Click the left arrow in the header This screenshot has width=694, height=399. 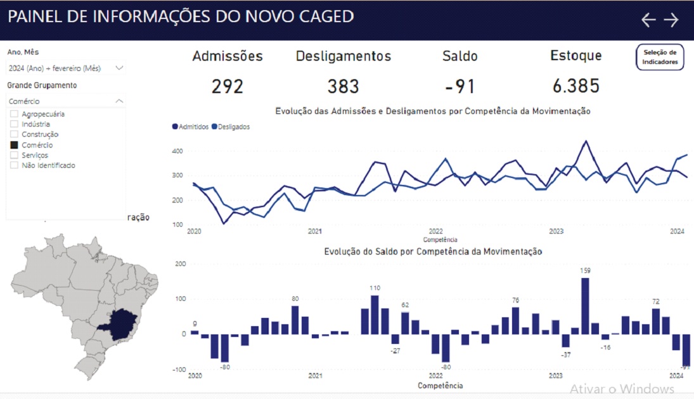[648, 20]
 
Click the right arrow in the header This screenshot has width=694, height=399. [671, 20]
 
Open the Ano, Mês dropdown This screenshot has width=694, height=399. [66, 68]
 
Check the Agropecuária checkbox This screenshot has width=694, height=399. [15, 114]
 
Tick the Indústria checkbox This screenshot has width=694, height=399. [15, 124]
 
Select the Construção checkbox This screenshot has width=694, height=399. [15, 134]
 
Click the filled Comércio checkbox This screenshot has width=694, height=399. [15, 145]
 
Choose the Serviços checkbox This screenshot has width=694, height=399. [15, 155]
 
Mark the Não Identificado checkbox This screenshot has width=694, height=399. [15, 165]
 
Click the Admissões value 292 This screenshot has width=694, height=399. [227, 86]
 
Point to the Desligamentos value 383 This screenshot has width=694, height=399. [343, 86]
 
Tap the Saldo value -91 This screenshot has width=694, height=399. [459, 86]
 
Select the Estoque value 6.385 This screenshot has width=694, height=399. [575, 86]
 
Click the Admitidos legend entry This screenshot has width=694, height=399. [191, 127]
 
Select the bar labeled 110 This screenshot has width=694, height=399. [375, 315]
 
